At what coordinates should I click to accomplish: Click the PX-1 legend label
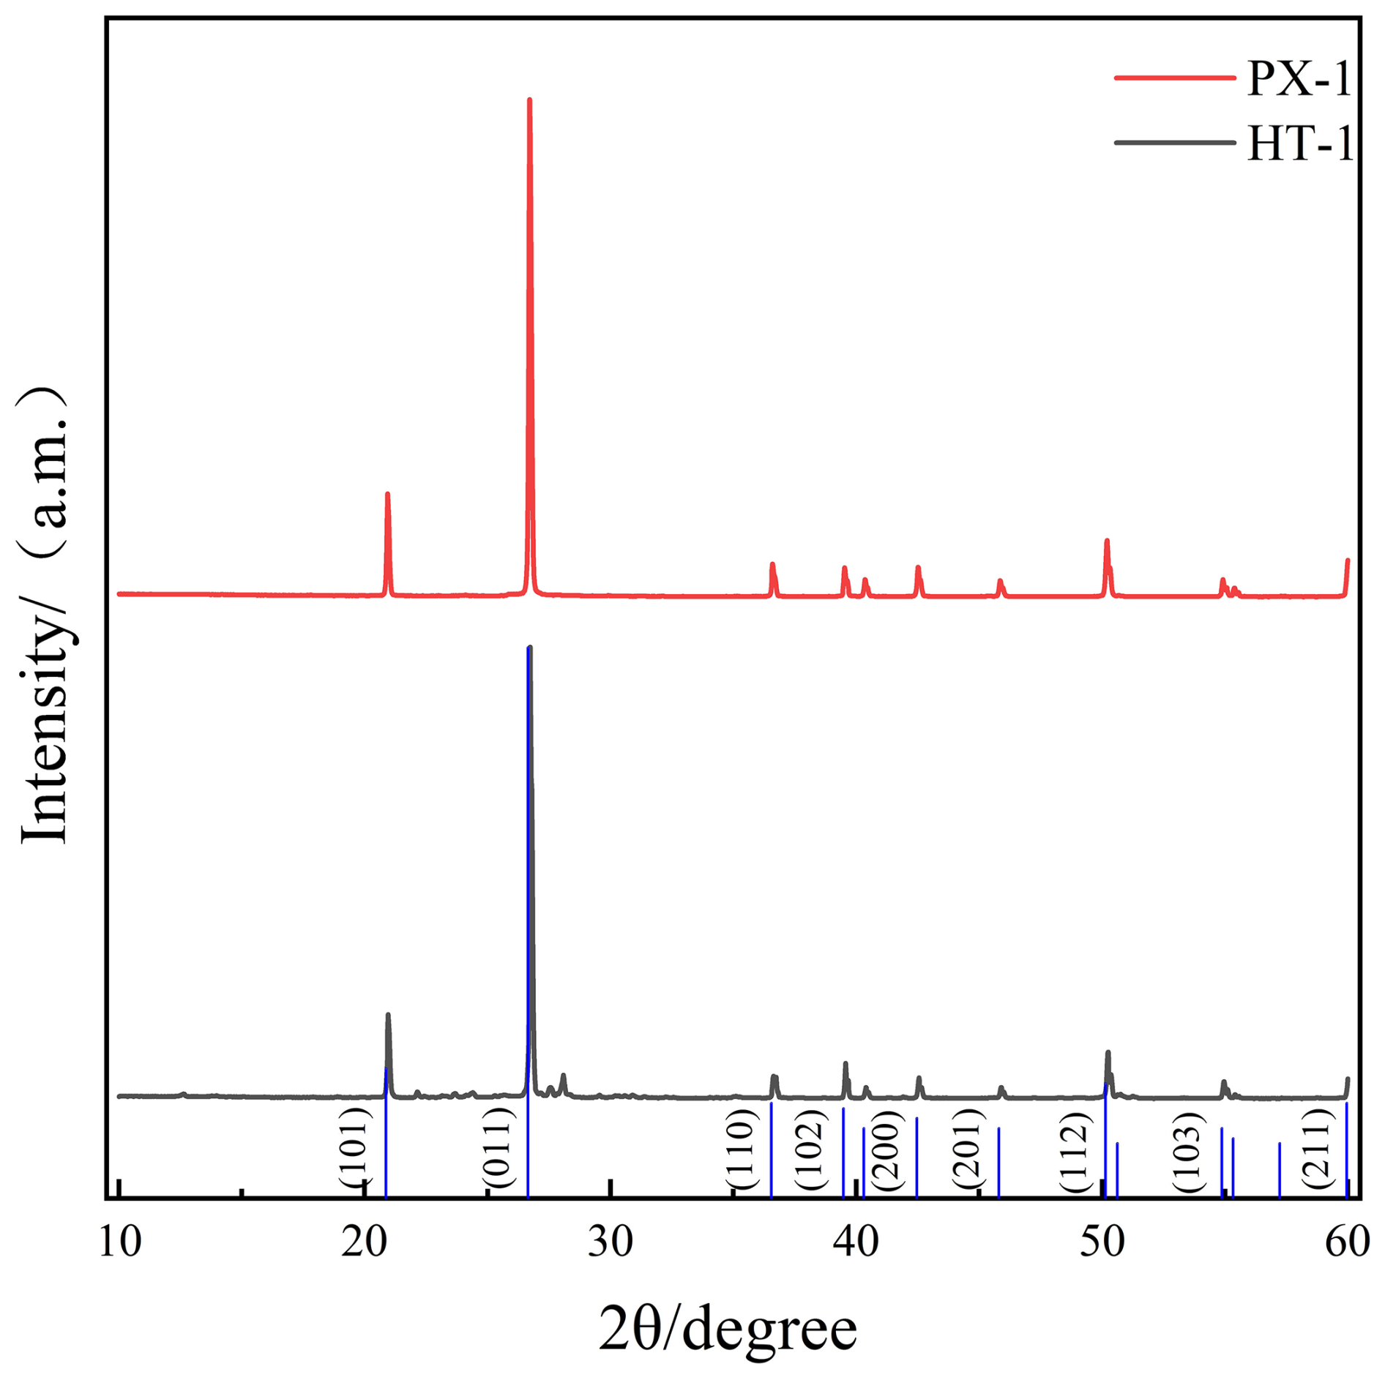pos(1299,78)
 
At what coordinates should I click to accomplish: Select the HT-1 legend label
pos(1300,143)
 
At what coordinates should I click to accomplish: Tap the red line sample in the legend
pos(1174,78)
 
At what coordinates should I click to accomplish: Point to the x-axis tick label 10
pos(119,1241)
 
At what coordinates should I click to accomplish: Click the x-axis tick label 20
pos(365,1241)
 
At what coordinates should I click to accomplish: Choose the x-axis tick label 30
pos(611,1241)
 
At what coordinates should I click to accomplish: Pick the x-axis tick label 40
pos(856,1241)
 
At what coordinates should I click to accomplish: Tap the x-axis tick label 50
pos(1102,1241)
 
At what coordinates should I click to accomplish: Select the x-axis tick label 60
pos(1347,1241)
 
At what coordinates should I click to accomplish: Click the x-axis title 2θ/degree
pos(728,1328)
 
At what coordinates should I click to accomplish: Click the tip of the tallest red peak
pos(529,100)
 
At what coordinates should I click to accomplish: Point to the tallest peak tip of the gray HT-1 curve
pos(530,648)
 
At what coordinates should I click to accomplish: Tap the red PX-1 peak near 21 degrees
pos(387,494)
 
